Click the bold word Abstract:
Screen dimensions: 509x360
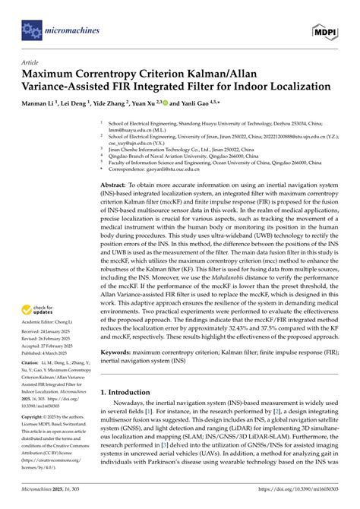click(115, 185)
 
